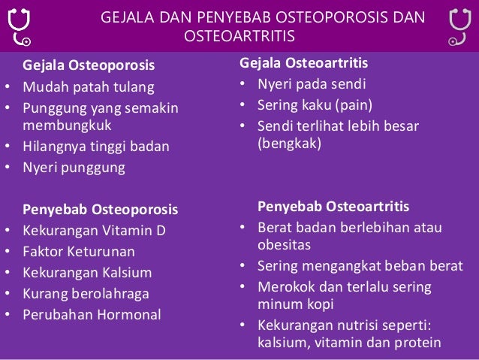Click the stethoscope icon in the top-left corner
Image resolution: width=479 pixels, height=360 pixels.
pos(19,27)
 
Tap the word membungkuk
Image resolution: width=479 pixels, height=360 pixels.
pos(66,126)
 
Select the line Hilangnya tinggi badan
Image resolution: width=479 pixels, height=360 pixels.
pos(95,147)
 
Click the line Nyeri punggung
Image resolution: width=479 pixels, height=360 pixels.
pos(74,167)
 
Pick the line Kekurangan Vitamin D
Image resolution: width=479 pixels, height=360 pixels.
pos(95,230)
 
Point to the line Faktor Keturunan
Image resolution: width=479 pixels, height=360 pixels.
pos(79,251)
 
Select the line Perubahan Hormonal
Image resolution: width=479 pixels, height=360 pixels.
pos(92,314)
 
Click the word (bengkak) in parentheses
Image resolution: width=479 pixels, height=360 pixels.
pos(289,143)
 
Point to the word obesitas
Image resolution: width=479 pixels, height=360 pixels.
pos(284,245)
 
